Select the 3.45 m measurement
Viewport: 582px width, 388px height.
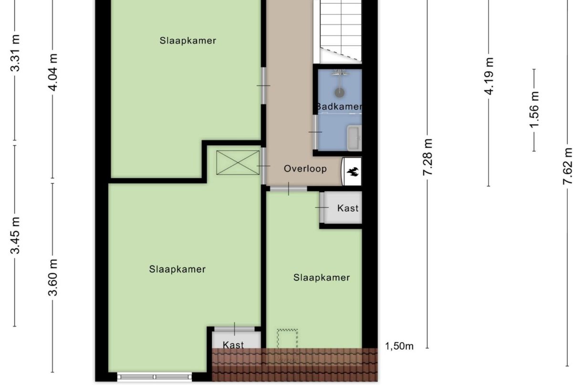tap(16, 236)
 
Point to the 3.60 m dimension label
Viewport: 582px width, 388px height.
tap(53, 277)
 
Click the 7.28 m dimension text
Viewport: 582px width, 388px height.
tap(428, 157)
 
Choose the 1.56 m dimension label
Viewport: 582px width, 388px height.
tap(534, 110)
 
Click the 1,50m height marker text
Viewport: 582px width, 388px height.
tap(399, 346)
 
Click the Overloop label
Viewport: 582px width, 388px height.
tap(305, 168)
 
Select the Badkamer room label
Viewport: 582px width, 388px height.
tap(339, 106)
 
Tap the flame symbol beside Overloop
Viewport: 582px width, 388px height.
tap(353, 171)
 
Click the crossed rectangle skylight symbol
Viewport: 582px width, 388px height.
tap(238, 163)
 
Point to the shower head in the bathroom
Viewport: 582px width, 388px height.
tap(339, 92)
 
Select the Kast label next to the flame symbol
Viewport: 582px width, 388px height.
tap(348, 208)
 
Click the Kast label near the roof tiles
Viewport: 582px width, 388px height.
tap(233, 345)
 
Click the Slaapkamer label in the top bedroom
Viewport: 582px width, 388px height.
tap(187, 41)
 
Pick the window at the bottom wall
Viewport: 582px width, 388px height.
tap(155, 377)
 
